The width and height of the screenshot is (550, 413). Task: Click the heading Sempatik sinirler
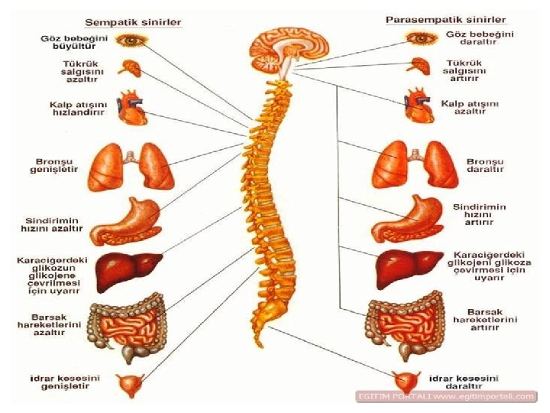pos(133,22)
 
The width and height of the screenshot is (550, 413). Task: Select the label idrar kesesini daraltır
pos(463,382)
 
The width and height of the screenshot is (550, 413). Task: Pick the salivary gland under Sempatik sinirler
pos(132,67)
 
